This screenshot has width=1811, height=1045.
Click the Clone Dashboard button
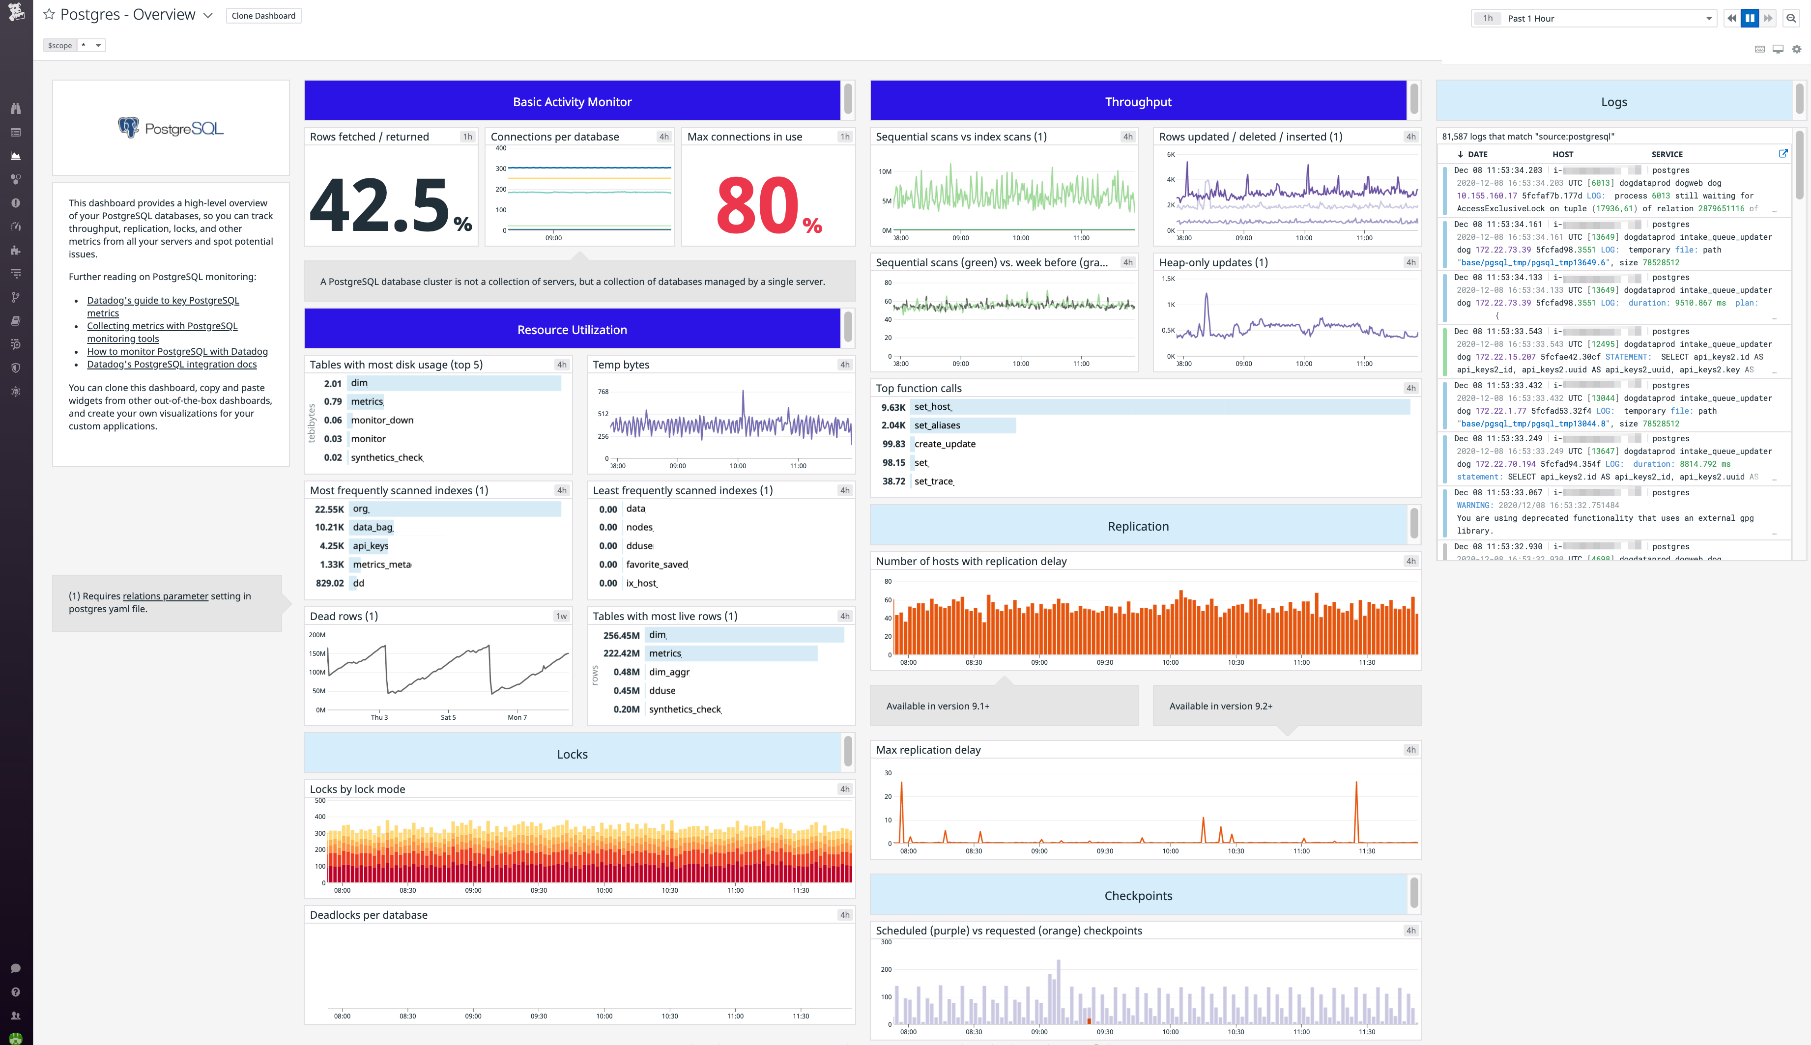[x=263, y=16]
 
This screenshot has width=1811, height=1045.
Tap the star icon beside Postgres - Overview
[x=49, y=14]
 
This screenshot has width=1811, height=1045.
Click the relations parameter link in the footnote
[x=165, y=596]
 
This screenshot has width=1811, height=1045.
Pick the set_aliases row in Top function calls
[x=937, y=425]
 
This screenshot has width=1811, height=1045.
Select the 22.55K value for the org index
[x=329, y=509]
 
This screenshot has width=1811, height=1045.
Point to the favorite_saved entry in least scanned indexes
[x=657, y=564]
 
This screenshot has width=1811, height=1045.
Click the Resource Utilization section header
[x=572, y=330]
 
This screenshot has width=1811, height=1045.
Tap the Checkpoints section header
[x=1138, y=895]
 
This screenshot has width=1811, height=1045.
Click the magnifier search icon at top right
[x=1791, y=19]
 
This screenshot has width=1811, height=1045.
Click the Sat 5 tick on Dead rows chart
[x=448, y=717]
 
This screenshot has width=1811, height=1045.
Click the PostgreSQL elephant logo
[x=128, y=127]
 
